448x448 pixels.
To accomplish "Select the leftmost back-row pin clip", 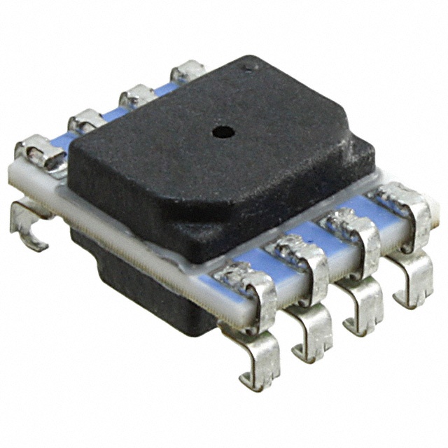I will click(39, 150).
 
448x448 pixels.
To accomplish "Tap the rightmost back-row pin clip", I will click(188, 71).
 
